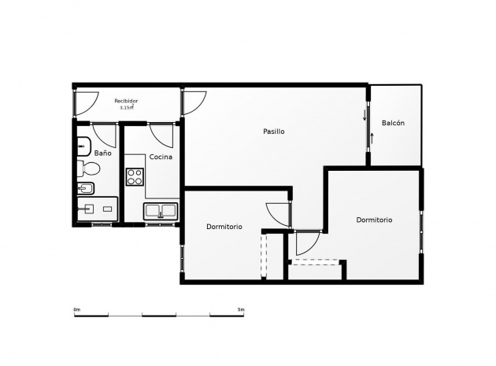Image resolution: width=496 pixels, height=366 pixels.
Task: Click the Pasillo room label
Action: point(274,131)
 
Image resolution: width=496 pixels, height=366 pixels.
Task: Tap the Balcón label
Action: point(393,123)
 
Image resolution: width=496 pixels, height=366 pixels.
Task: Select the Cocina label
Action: point(161,157)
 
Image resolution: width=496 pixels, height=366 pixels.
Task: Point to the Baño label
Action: point(103,153)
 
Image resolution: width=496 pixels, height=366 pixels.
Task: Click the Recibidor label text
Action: point(126,101)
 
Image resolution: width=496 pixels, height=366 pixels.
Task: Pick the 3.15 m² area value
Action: point(127,107)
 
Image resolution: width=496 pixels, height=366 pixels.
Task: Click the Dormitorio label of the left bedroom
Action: point(224,227)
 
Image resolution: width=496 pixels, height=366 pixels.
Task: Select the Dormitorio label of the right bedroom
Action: point(374,220)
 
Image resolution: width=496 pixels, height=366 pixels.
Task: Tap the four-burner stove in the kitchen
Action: point(135,177)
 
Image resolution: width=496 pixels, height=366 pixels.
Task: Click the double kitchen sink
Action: point(161,211)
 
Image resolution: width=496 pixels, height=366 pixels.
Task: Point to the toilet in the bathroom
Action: point(89,168)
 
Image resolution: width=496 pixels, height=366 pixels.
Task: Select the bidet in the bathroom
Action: point(86,189)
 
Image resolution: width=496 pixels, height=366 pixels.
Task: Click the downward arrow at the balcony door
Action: point(365,115)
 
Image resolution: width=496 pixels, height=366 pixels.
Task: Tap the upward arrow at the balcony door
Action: point(372,139)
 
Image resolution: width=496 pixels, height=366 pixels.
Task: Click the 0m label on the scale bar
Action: point(77,309)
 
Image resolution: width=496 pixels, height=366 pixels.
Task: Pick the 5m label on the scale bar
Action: point(241,309)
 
